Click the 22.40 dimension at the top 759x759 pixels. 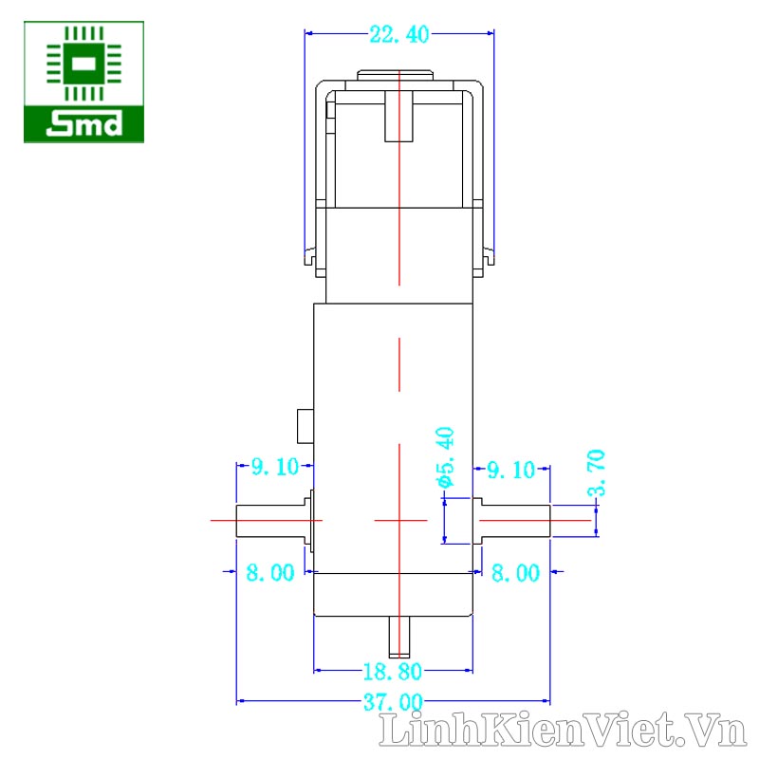pos(399,34)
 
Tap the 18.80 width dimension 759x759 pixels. pos(393,672)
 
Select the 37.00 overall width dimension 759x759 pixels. pos(393,702)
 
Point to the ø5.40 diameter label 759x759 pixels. pos(445,457)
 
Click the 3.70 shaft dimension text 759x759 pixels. pos(597,472)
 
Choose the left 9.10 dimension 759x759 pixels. pos(275,467)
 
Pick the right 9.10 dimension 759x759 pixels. pos(510,470)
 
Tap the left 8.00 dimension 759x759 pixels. pos(270,573)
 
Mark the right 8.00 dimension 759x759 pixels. pos(515,573)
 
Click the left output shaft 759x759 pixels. pos(270,521)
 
